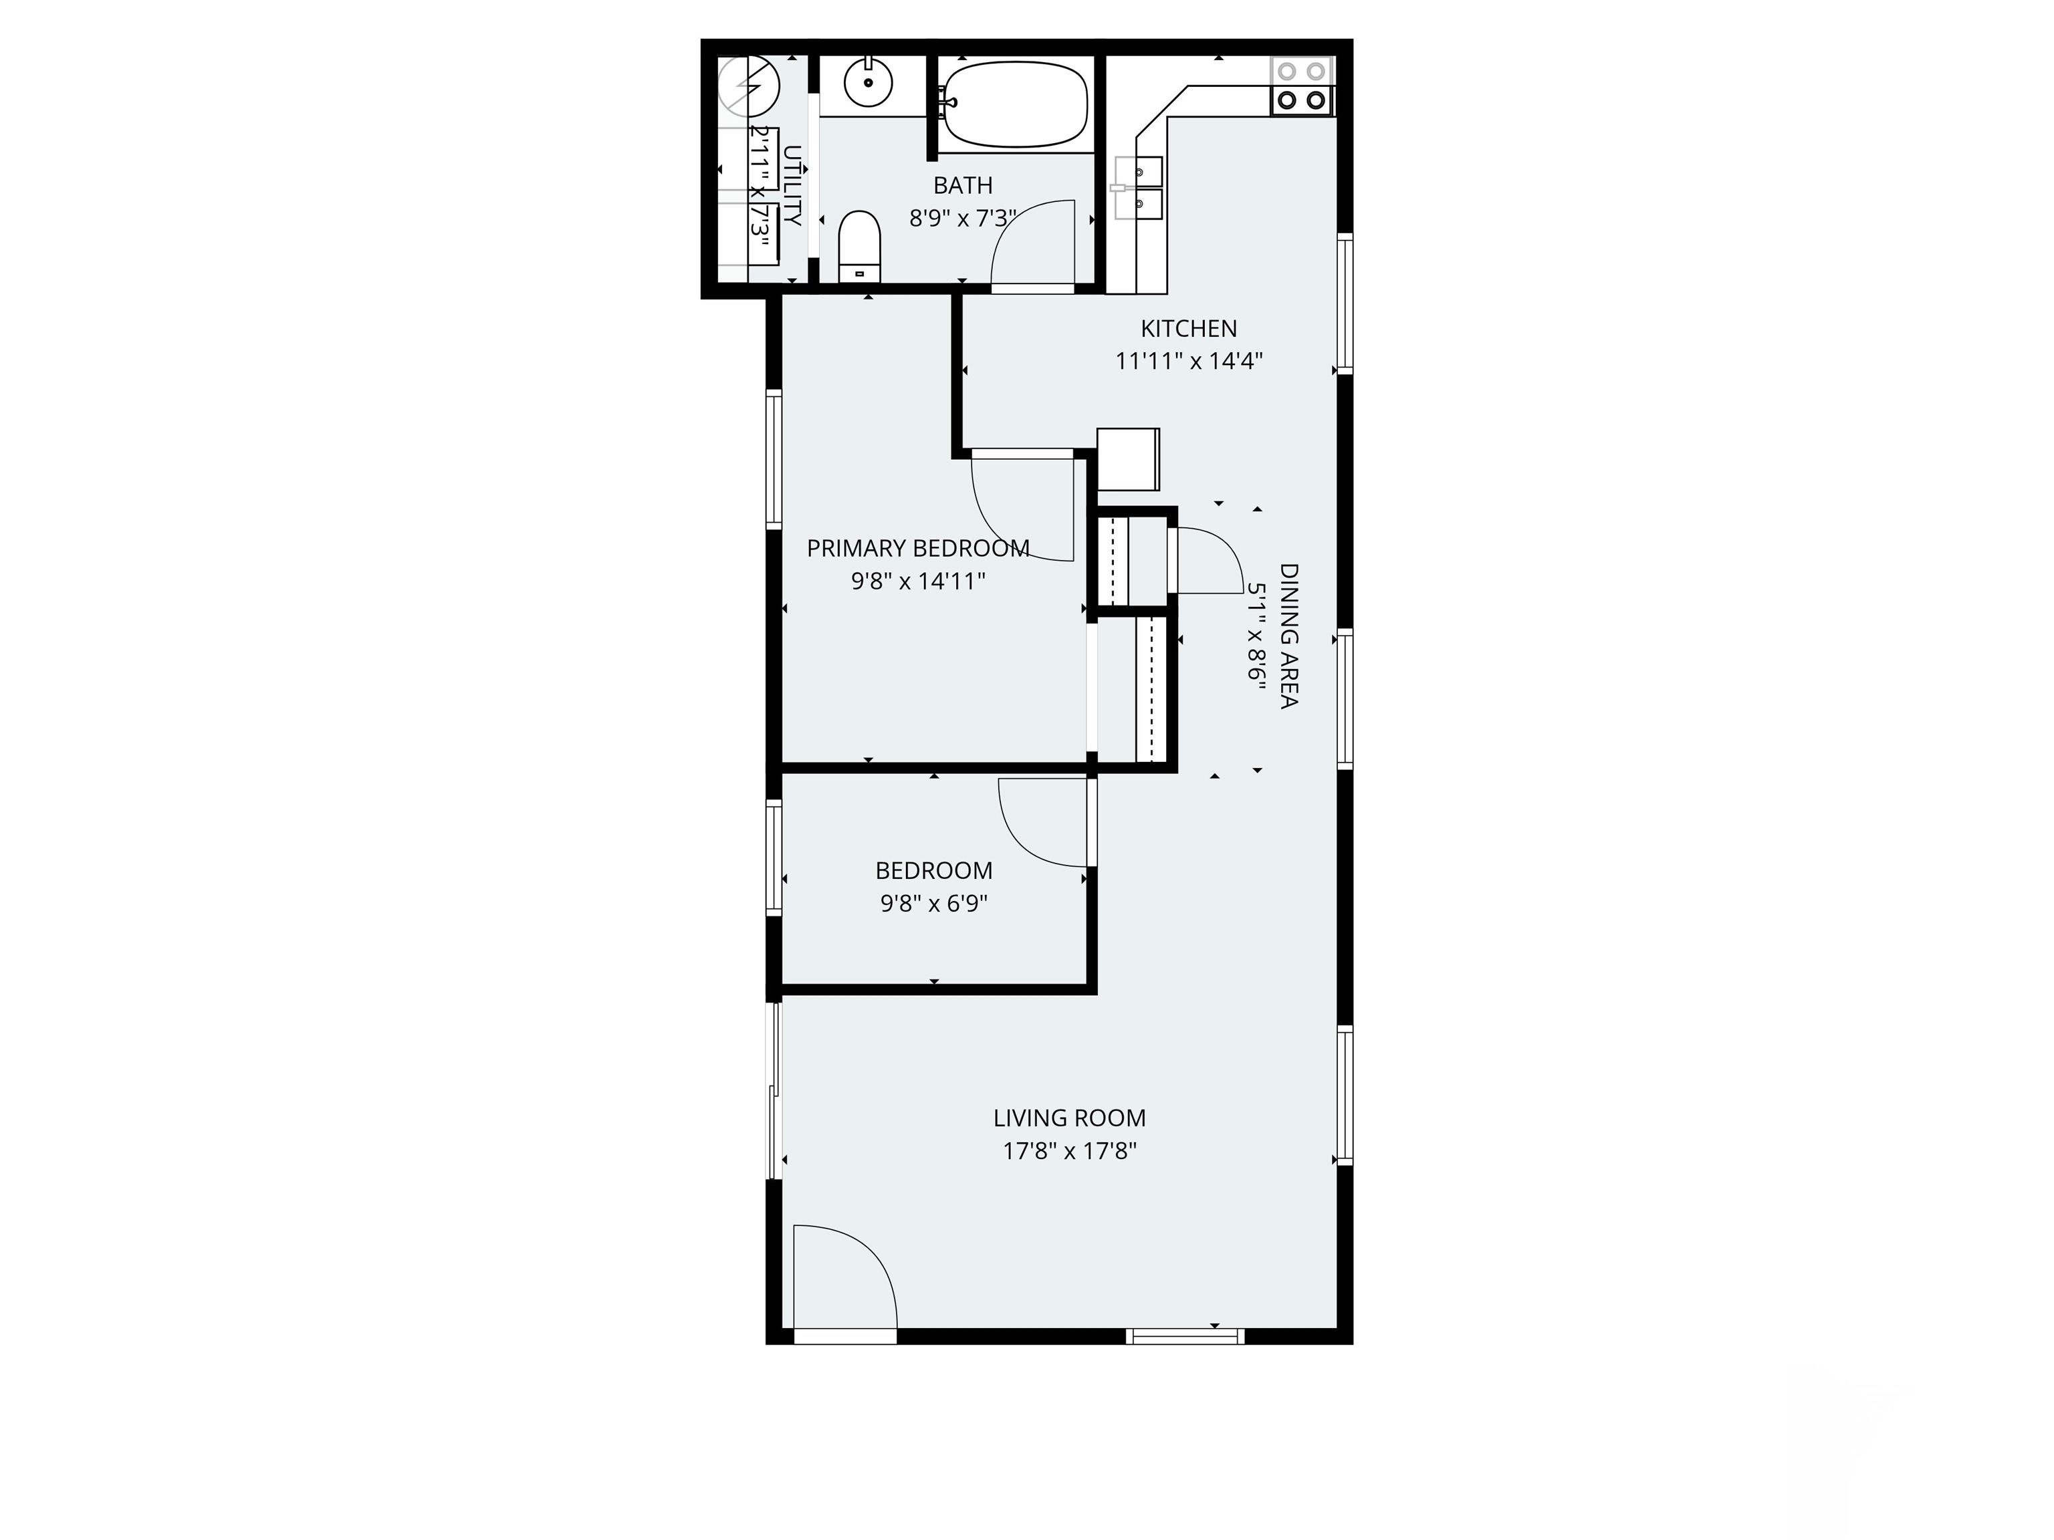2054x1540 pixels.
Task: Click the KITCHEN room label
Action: [1189, 329]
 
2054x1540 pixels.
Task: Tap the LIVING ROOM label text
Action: [1070, 1118]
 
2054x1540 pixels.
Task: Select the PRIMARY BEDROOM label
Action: [917, 549]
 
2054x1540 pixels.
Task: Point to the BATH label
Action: [963, 186]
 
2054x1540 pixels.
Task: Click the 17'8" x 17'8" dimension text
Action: [1070, 1151]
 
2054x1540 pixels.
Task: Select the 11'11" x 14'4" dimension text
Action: [1189, 361]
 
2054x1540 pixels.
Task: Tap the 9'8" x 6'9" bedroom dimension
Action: [933, 903]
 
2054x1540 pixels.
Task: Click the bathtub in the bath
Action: [1018, 104]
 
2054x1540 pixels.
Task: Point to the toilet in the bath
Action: [859, 246]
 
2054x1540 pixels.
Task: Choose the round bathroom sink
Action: [869, 82]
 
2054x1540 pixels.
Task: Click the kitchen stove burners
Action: [1302, 86]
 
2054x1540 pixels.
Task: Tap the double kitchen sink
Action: [1139, 188]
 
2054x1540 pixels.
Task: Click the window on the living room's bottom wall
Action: [1185, 1337]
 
